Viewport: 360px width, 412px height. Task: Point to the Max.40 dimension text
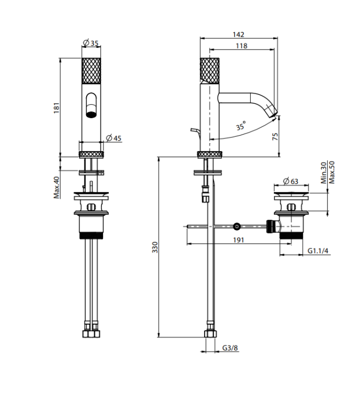tap(57, 187)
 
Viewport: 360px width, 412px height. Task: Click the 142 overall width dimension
tap(239, 34)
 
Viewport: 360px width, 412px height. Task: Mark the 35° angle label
tap(240, 126)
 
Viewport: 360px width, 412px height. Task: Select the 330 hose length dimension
tap(155, 247)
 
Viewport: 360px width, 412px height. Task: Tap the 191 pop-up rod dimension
tap(238, 240)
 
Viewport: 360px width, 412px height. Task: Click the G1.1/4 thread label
tap(317, 250)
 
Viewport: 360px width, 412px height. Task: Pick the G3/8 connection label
tap(230, 348)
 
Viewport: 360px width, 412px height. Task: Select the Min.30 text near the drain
tap(323, 172)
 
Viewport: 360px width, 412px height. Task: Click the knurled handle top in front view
tap(91, 70)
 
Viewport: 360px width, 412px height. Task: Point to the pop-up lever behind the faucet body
tap(195, 130)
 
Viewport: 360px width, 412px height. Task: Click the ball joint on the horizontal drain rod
tap(237, 226)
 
